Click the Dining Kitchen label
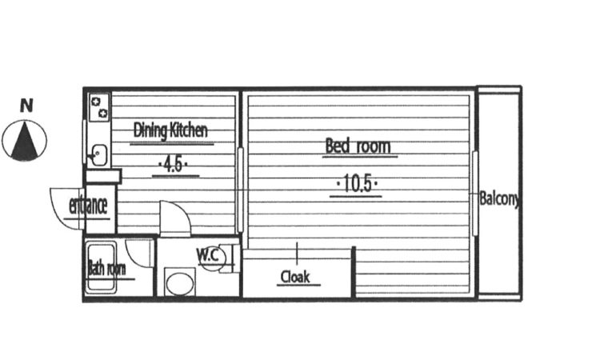170,130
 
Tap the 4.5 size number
174,165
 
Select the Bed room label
358,146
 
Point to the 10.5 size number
357,184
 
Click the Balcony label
499,198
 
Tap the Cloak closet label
295,277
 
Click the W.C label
208,255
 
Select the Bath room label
107,269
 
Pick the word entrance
88,206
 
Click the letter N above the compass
26,106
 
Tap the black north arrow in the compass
25,140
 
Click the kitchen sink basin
99,155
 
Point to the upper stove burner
96,101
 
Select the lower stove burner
103,113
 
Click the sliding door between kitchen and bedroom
240,190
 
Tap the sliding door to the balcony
475,194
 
